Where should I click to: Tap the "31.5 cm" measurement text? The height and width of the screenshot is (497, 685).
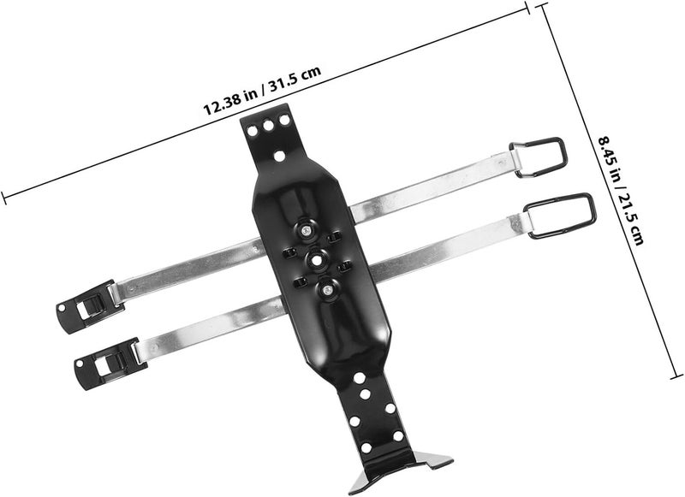point(295,77)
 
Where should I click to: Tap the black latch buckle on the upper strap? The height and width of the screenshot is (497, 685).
point(90,306)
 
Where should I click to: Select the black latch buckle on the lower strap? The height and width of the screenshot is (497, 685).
point(106,363)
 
